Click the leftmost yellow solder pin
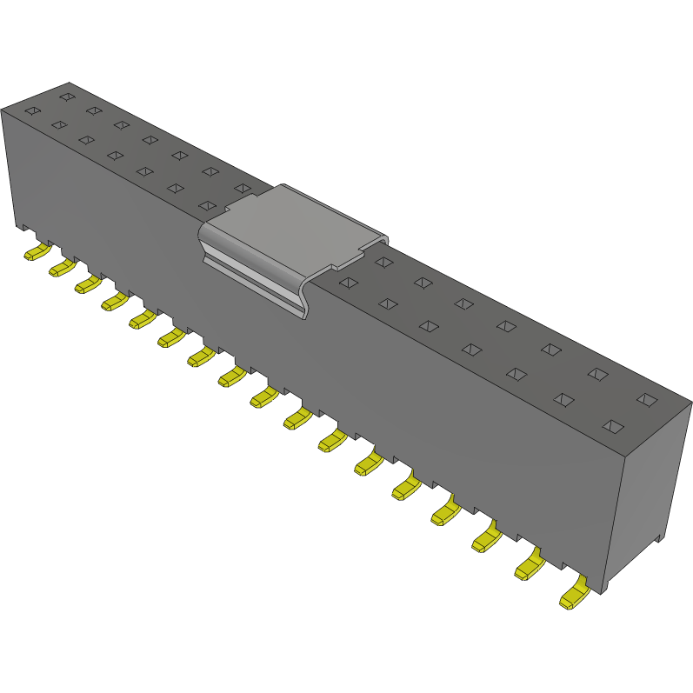[x=36, y=252]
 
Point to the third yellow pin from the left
[x=87, y=284]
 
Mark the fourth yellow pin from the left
[x=113, y=301]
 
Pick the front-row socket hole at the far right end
[x=614, y=426]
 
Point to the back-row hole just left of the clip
[x=241, y=188]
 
